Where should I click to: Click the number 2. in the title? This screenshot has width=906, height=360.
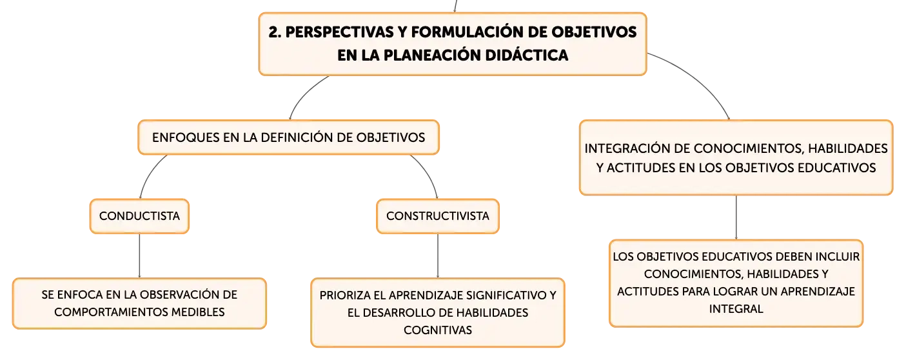275,32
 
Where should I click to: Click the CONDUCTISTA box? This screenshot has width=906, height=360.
139,216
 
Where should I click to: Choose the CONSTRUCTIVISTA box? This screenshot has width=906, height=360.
438,216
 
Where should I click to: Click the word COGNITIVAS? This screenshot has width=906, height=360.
438,330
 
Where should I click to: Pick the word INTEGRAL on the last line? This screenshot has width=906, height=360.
736,309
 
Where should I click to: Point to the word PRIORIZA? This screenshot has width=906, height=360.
344,295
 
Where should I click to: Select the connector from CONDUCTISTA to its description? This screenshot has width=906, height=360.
139,255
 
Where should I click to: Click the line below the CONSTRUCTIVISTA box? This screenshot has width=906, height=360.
438,255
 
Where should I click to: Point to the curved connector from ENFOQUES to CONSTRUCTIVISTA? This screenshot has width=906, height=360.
428,172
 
